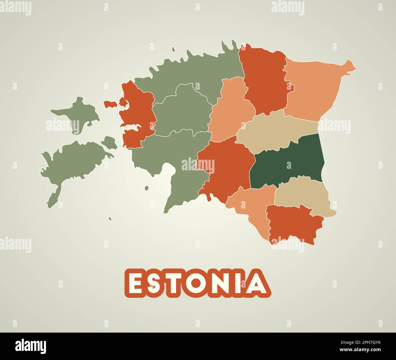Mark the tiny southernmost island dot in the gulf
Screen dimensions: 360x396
point(110,218)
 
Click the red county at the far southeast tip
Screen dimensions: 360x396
point(292,224)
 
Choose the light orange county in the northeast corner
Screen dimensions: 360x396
point(314,88)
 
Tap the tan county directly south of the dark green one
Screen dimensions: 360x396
point(302,195)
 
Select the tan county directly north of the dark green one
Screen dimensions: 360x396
point(274,131)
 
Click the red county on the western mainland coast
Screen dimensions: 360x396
point(137,113)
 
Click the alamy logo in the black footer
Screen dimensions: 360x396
point(31,346)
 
